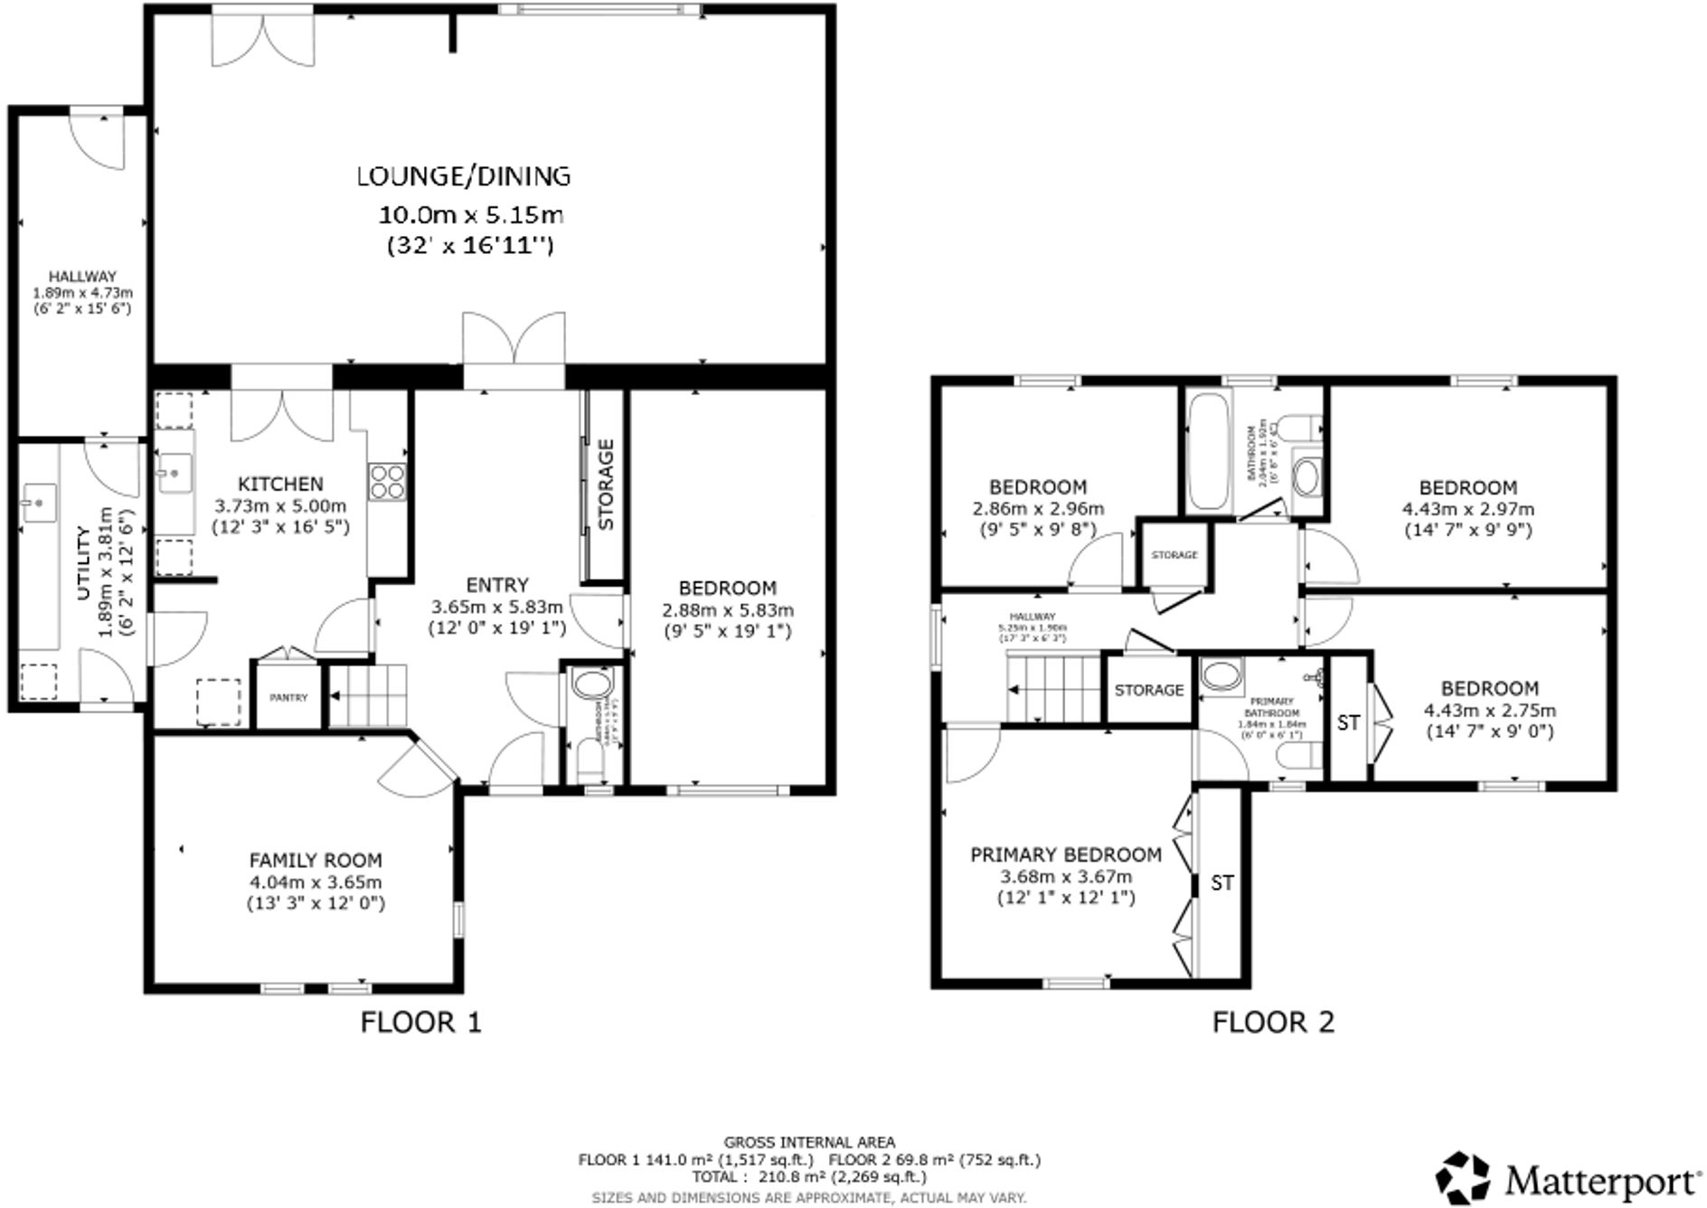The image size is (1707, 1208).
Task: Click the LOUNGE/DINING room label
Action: pos(464,175)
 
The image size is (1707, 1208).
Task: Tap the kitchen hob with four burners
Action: pos(386,481)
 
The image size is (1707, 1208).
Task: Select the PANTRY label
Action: pos(288,698)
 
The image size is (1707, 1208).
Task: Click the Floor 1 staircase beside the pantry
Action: pos(367,695)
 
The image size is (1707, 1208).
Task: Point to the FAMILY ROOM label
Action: pos(316,861)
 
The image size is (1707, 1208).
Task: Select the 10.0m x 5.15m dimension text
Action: pos(470,215)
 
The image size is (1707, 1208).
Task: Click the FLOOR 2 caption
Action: pos(1272,1023)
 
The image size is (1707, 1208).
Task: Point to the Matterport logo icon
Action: pos(1463,1177)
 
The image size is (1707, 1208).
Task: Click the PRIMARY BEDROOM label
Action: pos(1065,854)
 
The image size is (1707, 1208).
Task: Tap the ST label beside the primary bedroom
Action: pos(1221,882)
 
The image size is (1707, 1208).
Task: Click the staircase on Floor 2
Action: pos(1052,689)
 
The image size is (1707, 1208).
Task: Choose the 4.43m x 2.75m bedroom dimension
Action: pos(1489,711)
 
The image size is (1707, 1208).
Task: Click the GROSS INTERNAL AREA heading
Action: pos(809,1143)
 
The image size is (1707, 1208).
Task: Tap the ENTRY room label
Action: pos(496,585)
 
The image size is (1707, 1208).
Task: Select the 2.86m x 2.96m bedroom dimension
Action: pos(1038,509)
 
